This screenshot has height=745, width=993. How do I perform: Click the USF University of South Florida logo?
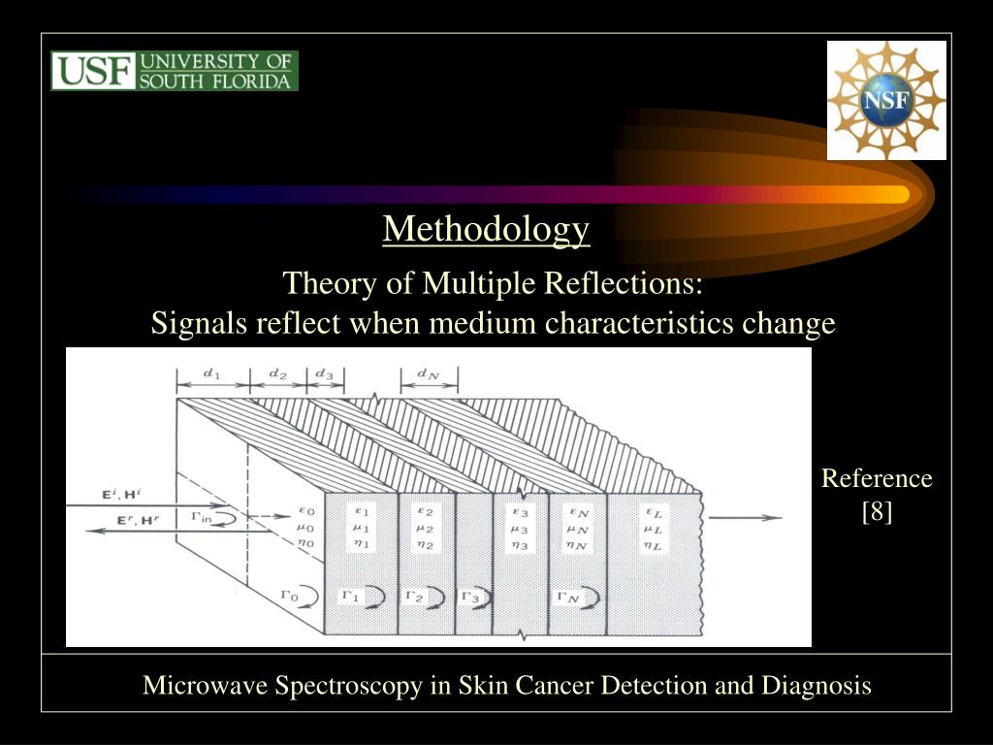pos(175,71)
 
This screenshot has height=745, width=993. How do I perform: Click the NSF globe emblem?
pos(886,100)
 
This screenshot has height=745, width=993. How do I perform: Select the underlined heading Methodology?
pos(486,229)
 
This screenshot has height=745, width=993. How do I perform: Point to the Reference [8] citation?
pos(877,494)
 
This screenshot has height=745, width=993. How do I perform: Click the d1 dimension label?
pos(211,373)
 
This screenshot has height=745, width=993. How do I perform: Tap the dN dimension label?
pos(428,373)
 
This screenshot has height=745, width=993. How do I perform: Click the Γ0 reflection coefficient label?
pos(287,595)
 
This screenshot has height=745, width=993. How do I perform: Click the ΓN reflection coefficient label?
pos(566,597)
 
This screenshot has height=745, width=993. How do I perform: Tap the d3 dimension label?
pos(324,373)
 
